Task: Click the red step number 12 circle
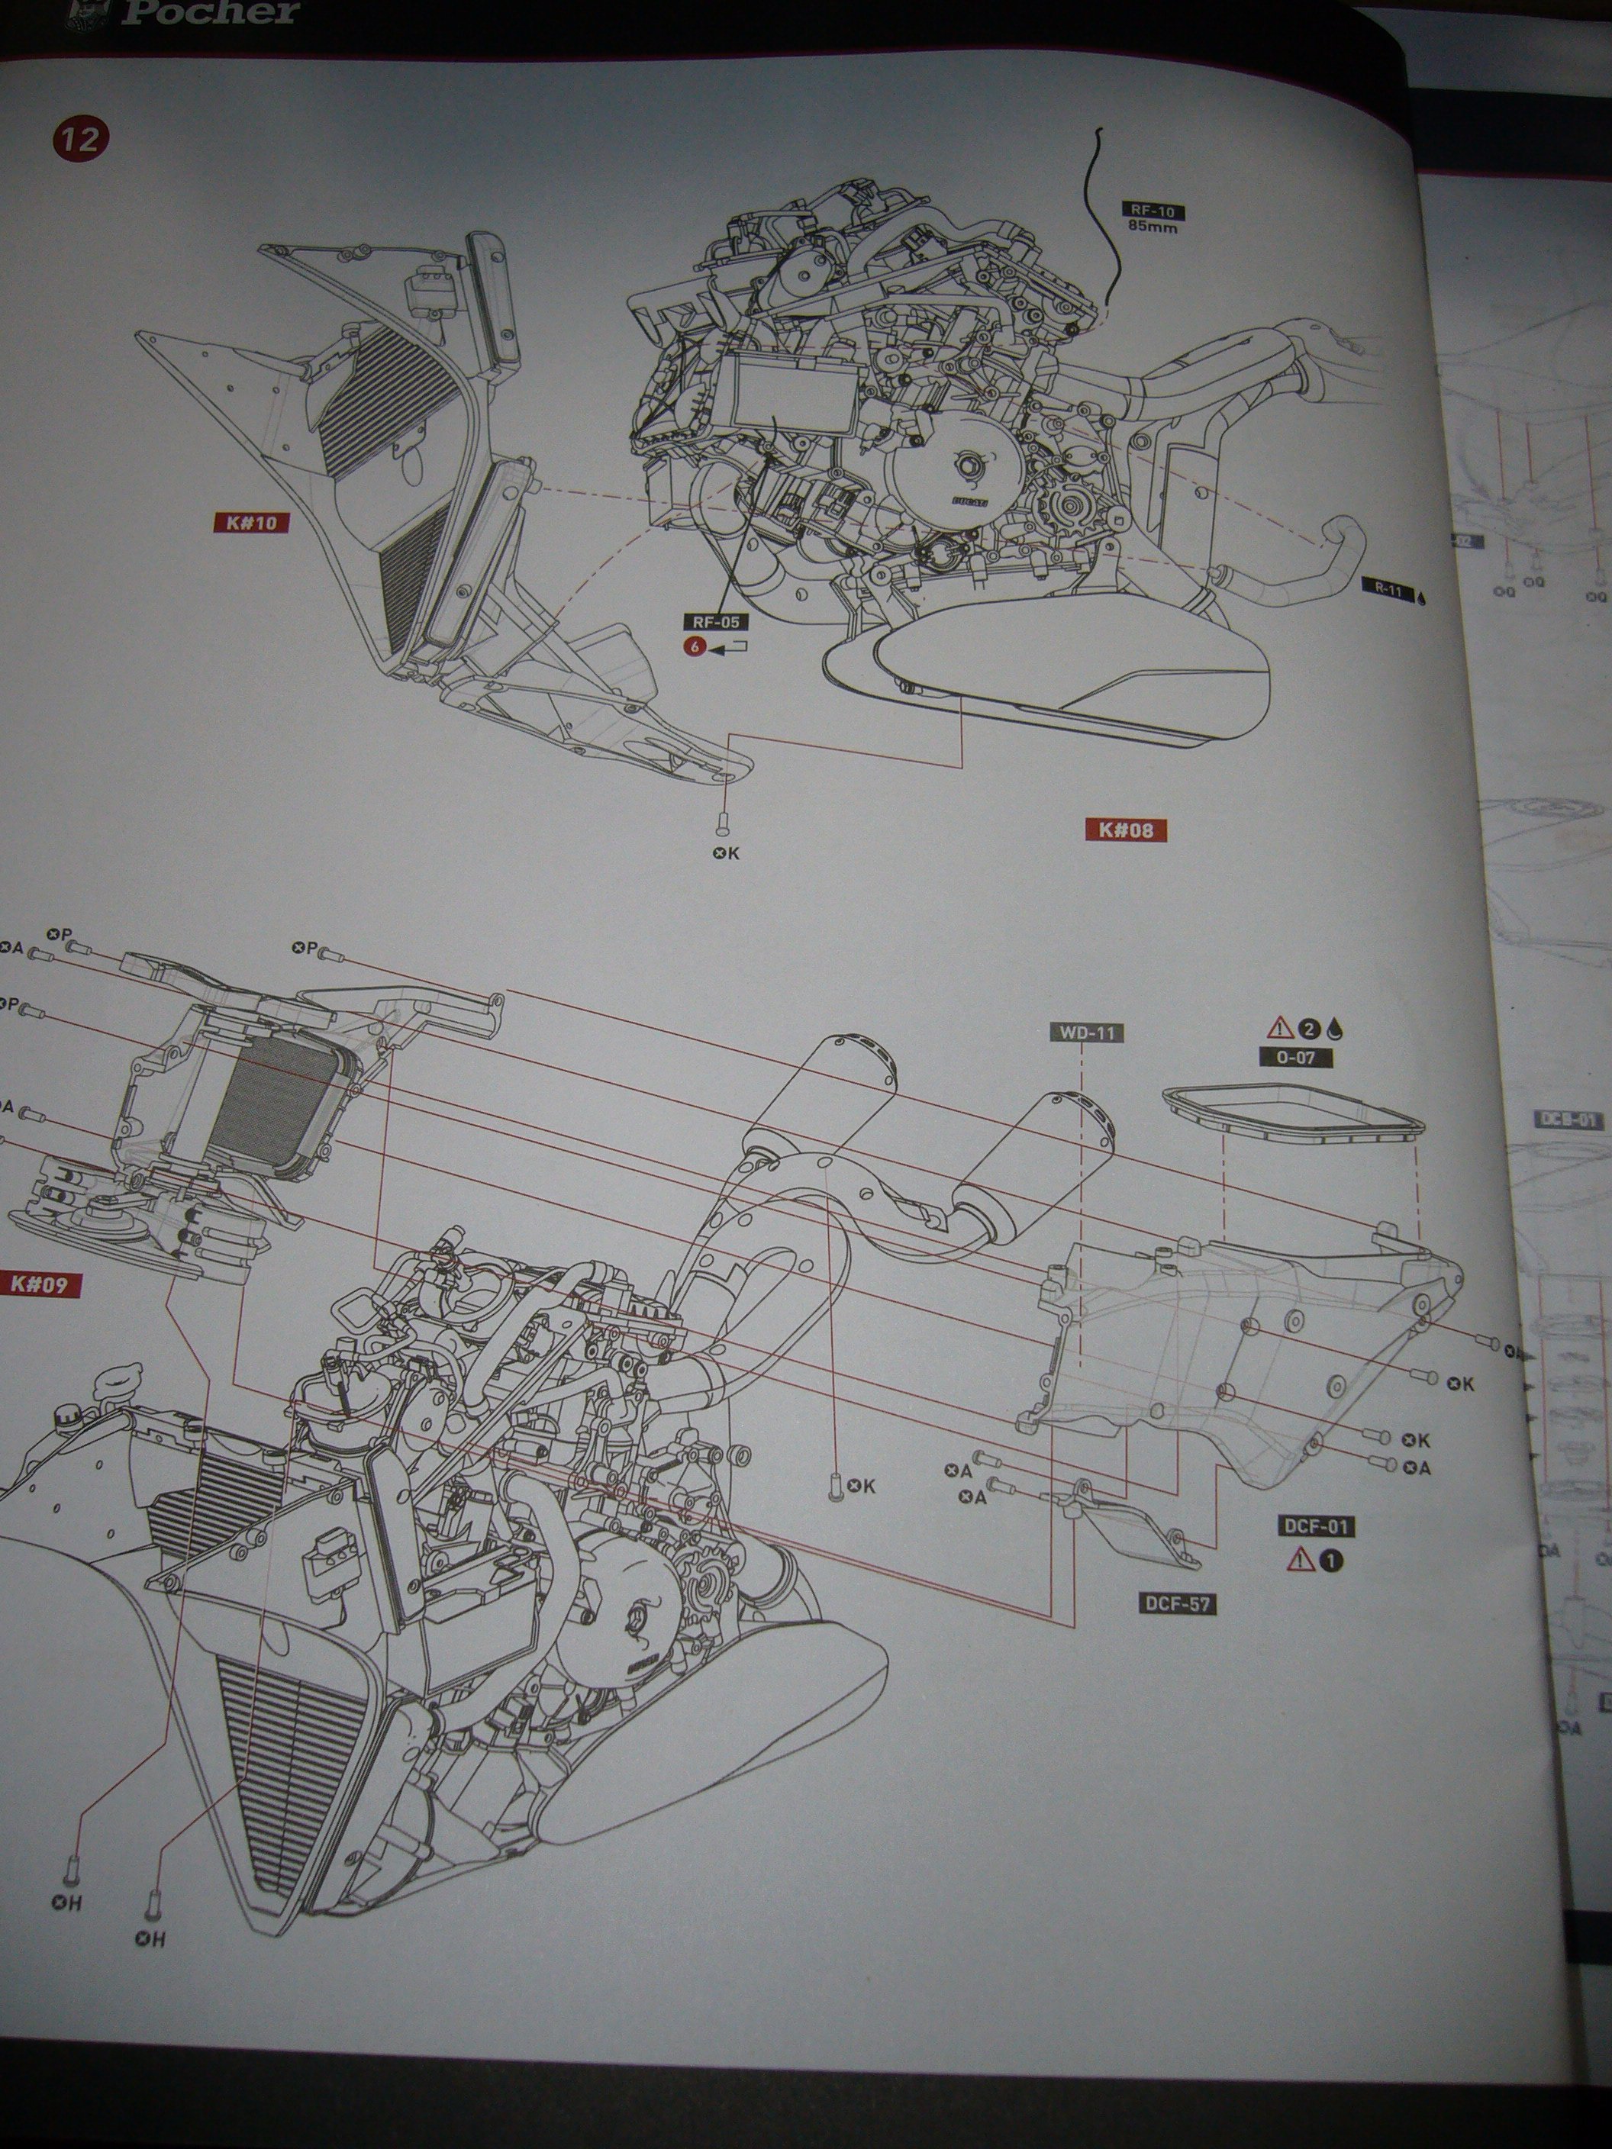click(x=82, y=139)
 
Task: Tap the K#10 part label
click(x=250, y=523)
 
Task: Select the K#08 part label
click(x=1125, y=830)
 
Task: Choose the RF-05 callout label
click(x=716, y=622)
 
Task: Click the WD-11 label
click(x=1086, y=1033)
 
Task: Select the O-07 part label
click(x=1295, y=1056)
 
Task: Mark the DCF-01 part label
click(x=1316, y=1526)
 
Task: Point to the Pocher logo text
click(x=211, y=13)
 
